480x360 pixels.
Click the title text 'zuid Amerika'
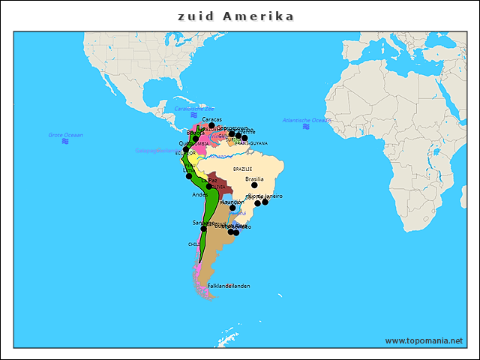[x=235, y=16]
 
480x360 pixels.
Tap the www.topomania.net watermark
[x=424, y=340]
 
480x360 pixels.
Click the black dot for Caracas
[x=211, y=125]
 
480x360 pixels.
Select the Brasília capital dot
[x=254, y=185]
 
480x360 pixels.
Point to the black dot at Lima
[x=189, y=176]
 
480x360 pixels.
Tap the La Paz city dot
[x=209, y=186]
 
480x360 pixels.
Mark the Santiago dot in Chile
[x=203, y=228]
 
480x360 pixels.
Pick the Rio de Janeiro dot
[x=265, y=202]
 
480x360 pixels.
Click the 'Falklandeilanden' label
[x=229, y=286]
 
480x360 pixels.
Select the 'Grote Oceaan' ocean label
[x=65, y=135]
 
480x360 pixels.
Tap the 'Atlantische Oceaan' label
[x=307, y=120]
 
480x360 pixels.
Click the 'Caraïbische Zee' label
[x=194, y=108]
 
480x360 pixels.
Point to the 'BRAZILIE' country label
[x=242, y=169]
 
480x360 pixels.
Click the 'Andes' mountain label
[x=199, y=194]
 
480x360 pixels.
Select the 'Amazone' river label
[x=219, y=157]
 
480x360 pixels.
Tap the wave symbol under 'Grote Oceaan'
[x=65, y=141]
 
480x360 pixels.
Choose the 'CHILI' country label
[x=193, y=244]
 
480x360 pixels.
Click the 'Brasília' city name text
[x=254, y=178]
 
